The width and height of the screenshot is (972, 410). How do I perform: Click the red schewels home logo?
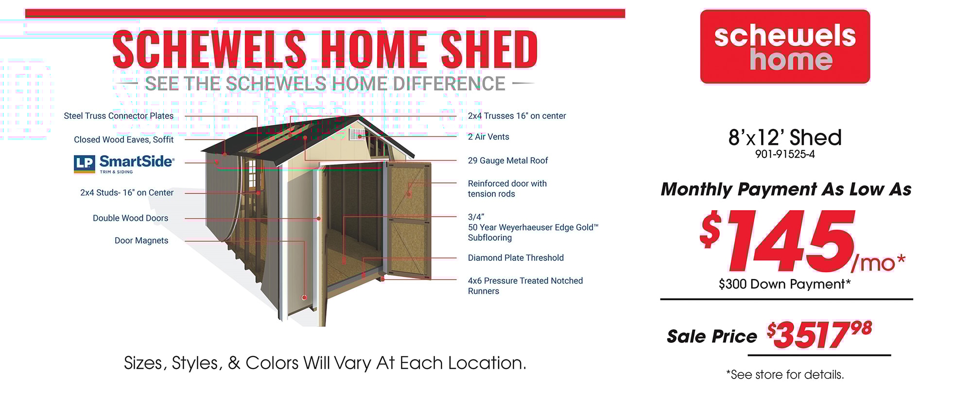(785, 47)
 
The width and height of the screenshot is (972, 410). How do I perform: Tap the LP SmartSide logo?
(124, 164)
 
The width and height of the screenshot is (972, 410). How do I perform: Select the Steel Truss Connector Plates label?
(119, 116)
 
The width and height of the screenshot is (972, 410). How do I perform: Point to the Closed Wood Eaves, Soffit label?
(123, 140)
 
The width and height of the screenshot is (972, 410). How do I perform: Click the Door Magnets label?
(141, 240)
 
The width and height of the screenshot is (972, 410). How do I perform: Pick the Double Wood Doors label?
(130, 218)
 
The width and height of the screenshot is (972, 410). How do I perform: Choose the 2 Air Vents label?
(488, 137)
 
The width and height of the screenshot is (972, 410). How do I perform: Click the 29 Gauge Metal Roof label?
(508, 160)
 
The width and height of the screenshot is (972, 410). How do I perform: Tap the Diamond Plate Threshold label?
(516, 258)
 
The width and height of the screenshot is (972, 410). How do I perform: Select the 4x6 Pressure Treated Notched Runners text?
(525, 286)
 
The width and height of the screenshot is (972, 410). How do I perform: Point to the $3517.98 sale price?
(819, 335)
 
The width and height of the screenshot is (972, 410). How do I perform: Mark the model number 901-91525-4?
(785, 154)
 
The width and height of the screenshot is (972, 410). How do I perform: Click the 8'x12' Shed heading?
(785, 137)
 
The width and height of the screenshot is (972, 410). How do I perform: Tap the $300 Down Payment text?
(784, 284)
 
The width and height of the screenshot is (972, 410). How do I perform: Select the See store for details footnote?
(785, 374)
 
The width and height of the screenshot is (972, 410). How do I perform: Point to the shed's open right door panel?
(408, 220)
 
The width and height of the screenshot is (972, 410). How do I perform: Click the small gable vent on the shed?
(357, 134)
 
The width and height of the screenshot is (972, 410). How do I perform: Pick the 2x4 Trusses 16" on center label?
(517, 116)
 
